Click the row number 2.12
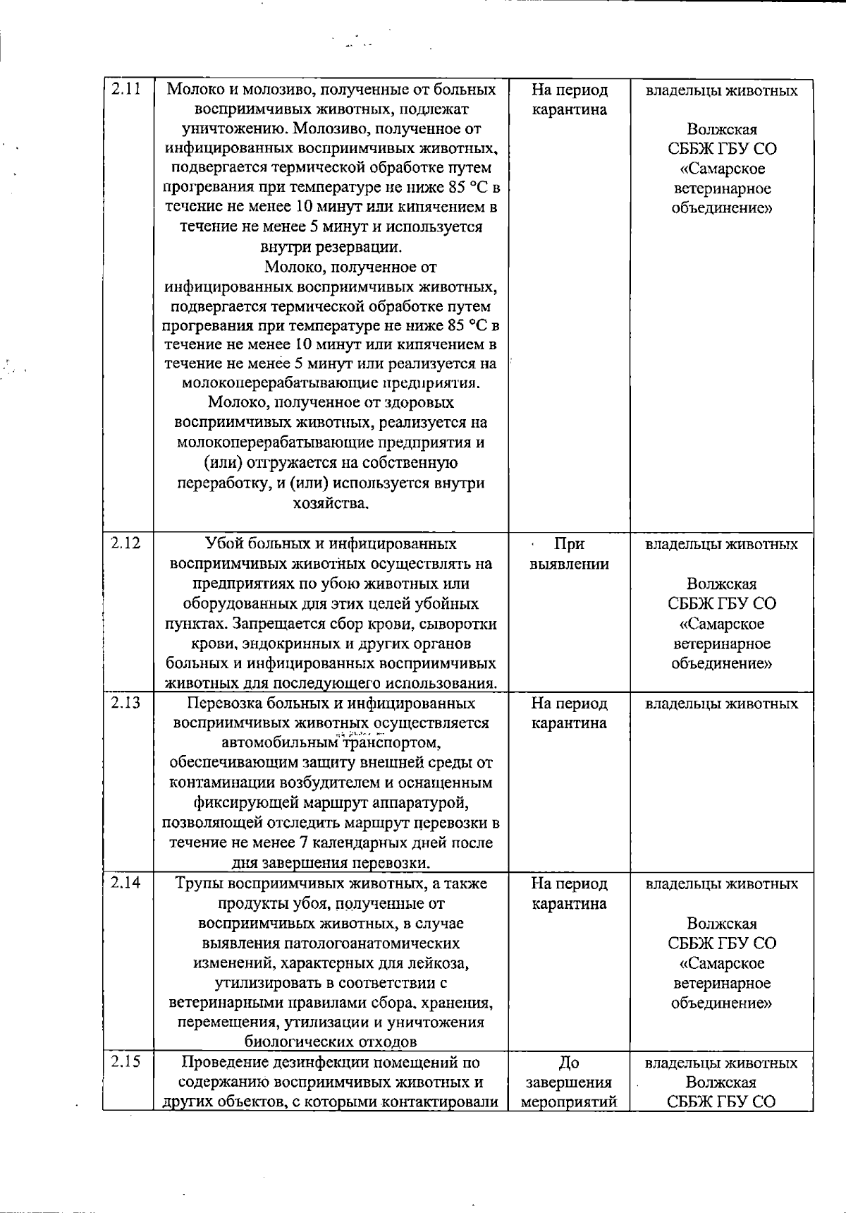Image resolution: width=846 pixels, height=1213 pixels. click(x=125, y=543)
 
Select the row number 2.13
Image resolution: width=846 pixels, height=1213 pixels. click(x=125, y=702)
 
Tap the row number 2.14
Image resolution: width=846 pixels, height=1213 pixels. click(x=125, y=882)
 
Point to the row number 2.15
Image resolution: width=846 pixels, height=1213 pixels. click(x=125, y=1061)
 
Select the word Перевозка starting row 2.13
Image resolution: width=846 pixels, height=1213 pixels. click(x=224, y=704)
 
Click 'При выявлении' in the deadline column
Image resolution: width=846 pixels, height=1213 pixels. click(x=569, y=554)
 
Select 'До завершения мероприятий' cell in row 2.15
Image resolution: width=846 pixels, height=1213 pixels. click(x=569, y=1082)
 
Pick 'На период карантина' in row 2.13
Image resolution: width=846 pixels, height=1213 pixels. click(x=569, y=713)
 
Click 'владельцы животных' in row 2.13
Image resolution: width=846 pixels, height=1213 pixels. click(x=722, y=704)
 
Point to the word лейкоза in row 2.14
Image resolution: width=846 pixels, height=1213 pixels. click(x=439, y=963)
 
